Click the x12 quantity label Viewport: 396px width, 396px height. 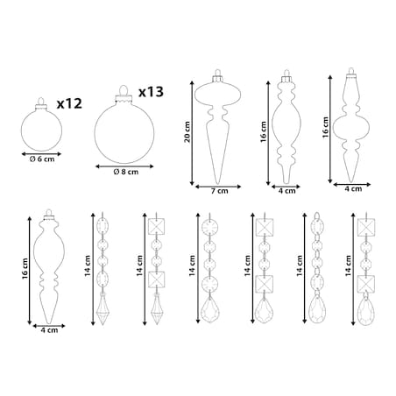click(x=69, y=103)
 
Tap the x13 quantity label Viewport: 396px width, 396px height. click(x=151, y=92)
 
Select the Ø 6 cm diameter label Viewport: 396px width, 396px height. click(x=42, y=159)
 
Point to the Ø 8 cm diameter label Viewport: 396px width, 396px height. click(x=126, y=172)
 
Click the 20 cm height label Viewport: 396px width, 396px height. click(x=187, y=132)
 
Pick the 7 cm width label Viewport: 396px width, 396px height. click(x=219, y=191)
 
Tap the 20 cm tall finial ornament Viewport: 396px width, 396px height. click(x=217, y=126)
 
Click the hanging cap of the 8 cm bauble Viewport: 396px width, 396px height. click(x=124, y=97)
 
